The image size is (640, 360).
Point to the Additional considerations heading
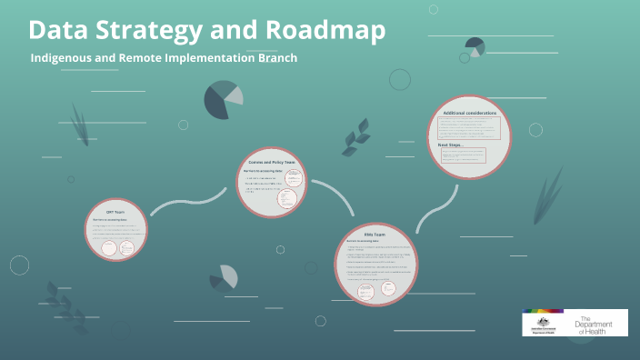(x=469, y=113)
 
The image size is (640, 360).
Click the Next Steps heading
(x=452, y=144)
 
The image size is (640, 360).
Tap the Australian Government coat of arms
(x=542, y=321)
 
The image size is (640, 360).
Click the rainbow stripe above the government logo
(x=543, y=311)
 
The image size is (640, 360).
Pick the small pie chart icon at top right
(x=474, y=46)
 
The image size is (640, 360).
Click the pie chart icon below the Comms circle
(x=223, y=278)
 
